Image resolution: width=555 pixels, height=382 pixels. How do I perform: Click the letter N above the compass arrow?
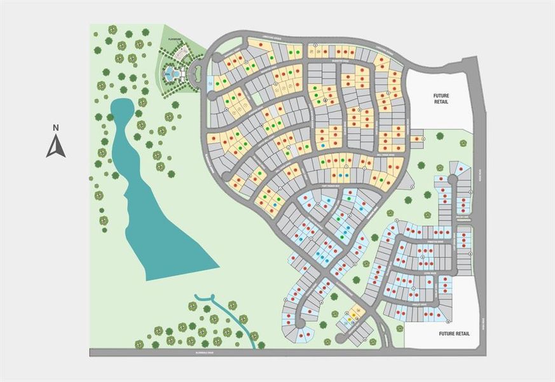(56, 128)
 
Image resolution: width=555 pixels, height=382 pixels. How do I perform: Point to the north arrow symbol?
(56, 147)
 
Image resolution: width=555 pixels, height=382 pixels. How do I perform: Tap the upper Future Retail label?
(441, 97)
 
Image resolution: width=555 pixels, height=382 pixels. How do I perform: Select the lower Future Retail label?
(455, 333)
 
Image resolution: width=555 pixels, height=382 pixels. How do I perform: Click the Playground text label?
(175, 39)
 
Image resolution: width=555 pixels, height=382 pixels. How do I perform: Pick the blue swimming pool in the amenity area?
(171, 74)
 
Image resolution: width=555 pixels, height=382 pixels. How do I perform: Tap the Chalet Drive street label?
(416, 305)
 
